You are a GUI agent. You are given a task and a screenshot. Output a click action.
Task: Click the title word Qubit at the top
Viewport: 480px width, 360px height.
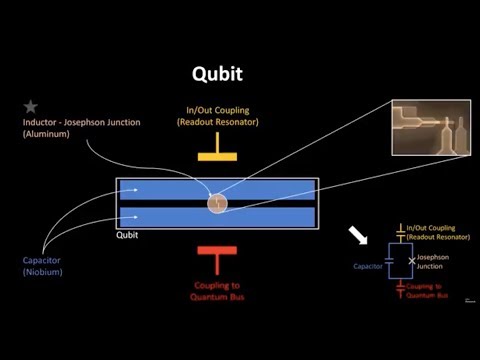pyautogui.click(x=218, y=74)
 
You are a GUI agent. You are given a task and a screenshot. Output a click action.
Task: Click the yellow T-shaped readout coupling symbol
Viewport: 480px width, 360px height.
pyautogui.click(x=218, y=158)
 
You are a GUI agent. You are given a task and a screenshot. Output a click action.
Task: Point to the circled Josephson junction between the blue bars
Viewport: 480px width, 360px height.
pyautogui.click(x=217, y=203)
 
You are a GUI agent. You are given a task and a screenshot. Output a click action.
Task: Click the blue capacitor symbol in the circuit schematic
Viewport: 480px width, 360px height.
pyautogui.click(x=390, y=261)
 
